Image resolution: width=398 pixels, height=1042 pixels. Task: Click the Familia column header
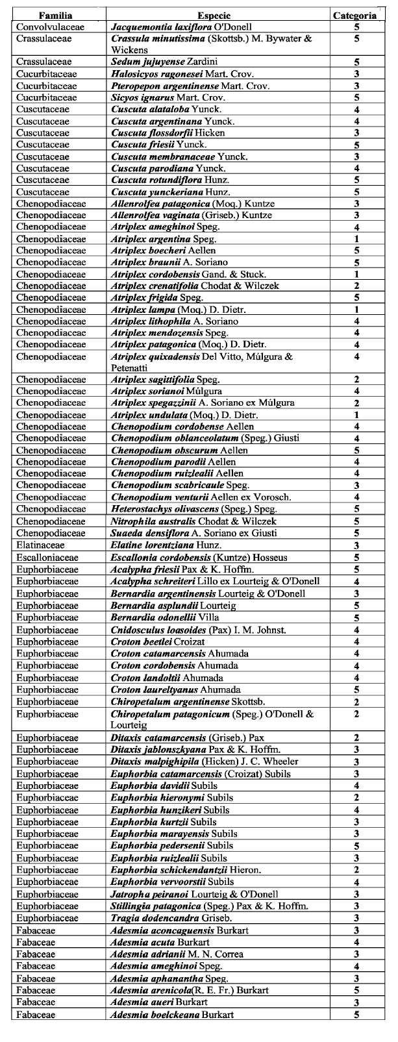(x=55, y=15)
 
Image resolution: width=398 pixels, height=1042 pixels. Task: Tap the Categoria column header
(x=354, y=15)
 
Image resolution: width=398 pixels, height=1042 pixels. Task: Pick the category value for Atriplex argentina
(x=356, y=239)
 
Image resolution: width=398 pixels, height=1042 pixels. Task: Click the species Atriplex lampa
(x=174, y=309)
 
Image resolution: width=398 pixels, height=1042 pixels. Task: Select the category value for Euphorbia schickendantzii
(x=356, y=870)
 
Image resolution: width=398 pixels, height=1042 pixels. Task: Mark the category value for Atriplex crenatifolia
(x=356, y=286)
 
